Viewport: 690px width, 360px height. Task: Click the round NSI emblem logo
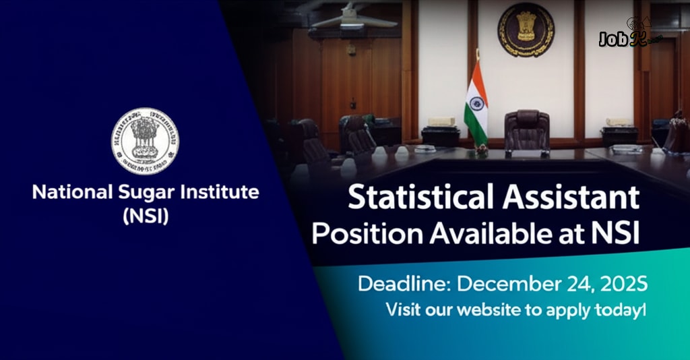(145, 142)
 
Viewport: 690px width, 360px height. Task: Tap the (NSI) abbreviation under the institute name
(145, 216)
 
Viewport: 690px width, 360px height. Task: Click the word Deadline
(404, 284)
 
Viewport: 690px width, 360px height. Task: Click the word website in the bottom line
(509, 311)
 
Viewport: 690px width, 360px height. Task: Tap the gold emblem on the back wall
(526, 30)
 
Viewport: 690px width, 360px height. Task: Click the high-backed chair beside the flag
(526, 131)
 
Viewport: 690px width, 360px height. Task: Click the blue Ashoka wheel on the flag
(477, 103)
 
